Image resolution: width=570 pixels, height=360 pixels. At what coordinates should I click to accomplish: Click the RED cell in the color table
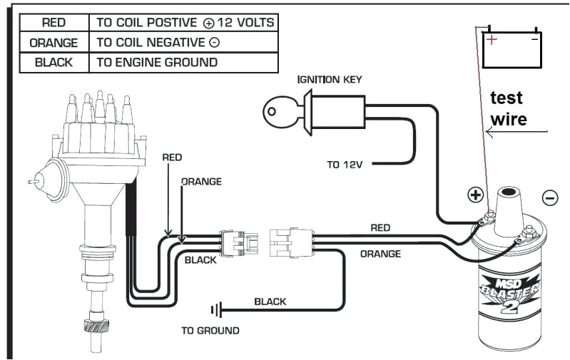[54, 23]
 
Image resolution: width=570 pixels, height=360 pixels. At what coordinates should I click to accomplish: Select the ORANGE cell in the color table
[54, 43]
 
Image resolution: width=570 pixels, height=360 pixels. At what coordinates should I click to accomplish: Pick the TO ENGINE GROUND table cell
[157, 62]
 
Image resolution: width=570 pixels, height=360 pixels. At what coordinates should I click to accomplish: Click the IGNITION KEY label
[330, 79]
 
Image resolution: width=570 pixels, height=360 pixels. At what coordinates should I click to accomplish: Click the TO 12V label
[345, 165]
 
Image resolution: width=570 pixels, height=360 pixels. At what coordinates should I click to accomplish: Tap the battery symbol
[512, 48]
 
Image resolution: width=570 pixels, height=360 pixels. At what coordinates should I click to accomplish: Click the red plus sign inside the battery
[492, 40]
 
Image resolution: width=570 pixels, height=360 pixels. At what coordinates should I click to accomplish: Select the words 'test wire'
[507, 108]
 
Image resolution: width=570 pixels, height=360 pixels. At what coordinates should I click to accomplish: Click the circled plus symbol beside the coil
[474, 195]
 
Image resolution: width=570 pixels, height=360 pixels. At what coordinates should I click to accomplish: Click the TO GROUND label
[210, 331]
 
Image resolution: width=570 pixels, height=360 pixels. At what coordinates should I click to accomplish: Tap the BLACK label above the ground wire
[270, 302]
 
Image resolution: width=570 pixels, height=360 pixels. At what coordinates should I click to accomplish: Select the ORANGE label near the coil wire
[380, 253]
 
